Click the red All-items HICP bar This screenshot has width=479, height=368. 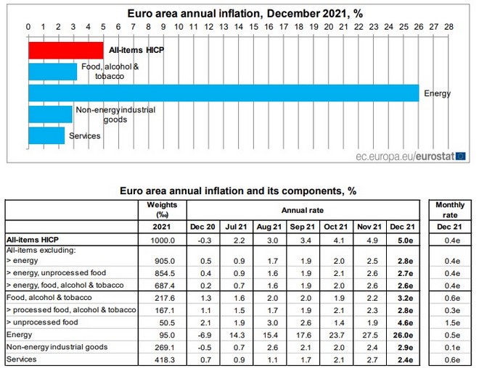point(65,50)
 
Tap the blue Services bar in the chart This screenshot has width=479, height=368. point(46,135)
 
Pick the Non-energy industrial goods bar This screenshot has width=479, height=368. point(50,114)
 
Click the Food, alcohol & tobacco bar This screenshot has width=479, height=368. point(52,72)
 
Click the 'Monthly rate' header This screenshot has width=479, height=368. point(450,209)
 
